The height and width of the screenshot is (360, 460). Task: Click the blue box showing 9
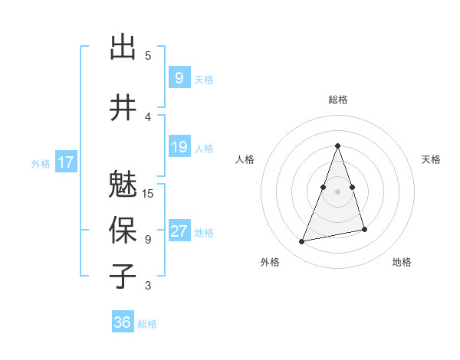(179, 78)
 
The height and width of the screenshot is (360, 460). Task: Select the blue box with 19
(179, 147)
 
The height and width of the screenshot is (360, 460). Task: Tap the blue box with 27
(179, 231)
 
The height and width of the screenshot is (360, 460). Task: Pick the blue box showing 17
(65, 162)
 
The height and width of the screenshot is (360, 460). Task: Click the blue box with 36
(122, 322)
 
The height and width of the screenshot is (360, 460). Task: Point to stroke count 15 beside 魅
(149, 194)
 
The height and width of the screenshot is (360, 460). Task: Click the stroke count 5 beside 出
(148, 56)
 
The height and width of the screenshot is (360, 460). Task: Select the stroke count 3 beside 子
(148, 286)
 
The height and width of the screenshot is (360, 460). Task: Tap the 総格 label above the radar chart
(337, 100)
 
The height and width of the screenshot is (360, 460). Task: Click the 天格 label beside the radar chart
(431, 159)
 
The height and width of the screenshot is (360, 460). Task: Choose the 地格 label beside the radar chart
(402, 262)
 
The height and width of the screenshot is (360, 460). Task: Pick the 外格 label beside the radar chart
(270, 262)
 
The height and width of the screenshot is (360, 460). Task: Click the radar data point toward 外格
(302, 242)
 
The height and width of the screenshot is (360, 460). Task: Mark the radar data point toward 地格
(364, 230)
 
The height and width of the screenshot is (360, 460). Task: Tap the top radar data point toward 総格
(337, 146)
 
